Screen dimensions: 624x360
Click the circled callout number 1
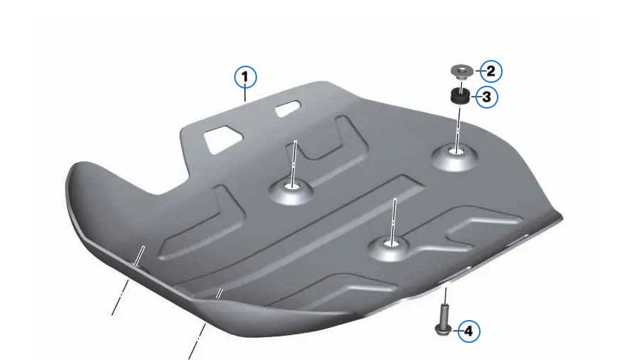245,77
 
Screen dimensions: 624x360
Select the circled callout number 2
490,71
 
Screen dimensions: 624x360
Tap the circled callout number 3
486,96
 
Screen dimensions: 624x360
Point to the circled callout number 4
468,331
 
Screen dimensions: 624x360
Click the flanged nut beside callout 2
462,71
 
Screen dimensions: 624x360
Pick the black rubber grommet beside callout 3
461,96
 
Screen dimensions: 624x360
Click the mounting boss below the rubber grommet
455,156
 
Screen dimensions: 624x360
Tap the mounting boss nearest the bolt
389,247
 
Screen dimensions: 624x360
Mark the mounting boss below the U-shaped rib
291,191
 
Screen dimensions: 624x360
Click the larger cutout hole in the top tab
223,139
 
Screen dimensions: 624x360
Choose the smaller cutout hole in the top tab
288,109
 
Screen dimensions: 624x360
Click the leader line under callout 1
245,95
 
